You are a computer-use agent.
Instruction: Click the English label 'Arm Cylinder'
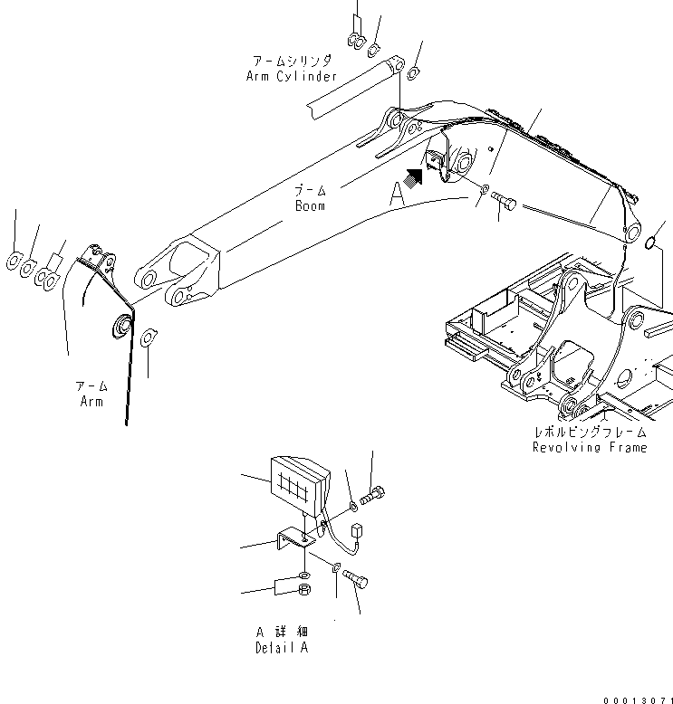[x=292, y=76]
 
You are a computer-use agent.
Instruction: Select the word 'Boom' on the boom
[x=309, y=206]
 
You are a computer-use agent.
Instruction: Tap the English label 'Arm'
[x=90, y=401]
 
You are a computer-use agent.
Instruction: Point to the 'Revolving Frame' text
[x=590, y=448]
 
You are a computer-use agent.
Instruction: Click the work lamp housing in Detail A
[x=300, y=485]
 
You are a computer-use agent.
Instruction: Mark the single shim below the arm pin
[x=150, y=338]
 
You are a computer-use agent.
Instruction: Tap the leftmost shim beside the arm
[x=14, y=262]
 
